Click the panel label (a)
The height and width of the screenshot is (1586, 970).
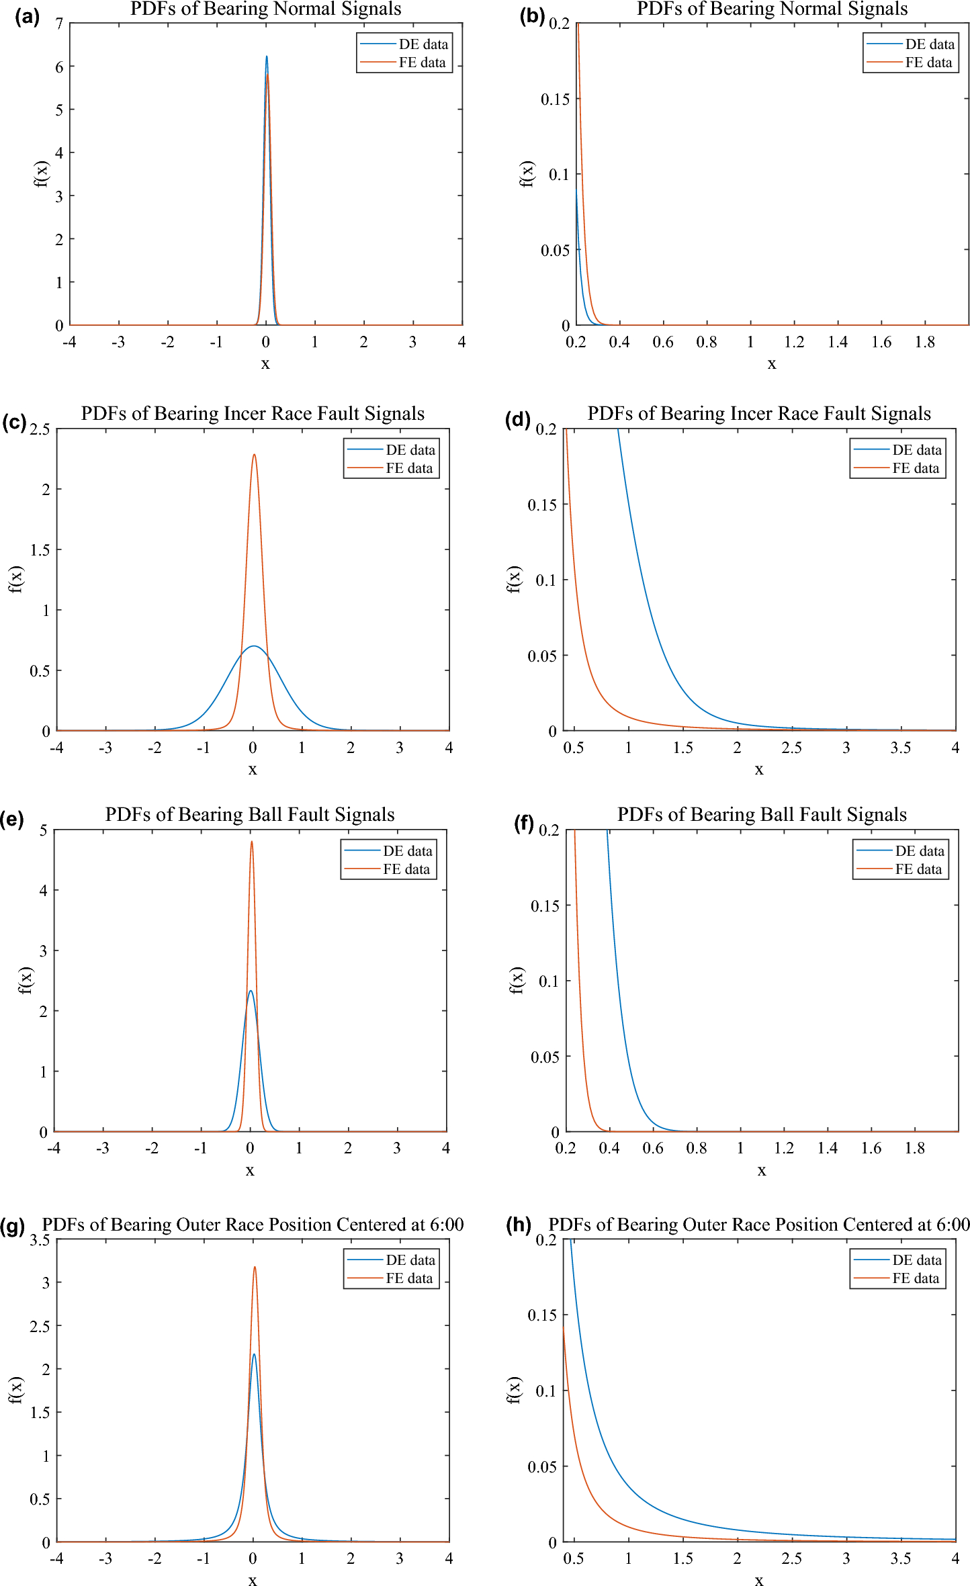pyautogui.click(x=27, y=16)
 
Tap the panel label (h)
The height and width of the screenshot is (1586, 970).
pyautogui.click(x=519, y=1224)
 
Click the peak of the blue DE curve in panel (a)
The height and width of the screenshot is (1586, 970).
pyautogui.click(x=267, y=57)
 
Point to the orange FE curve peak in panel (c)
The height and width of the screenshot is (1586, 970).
pyautogui.click(x=254, y=455)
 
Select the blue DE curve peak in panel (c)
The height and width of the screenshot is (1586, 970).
pyautogui.click(x=253, y=646)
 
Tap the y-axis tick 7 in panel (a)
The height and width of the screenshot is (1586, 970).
pyautogui.click(x=60, y=24)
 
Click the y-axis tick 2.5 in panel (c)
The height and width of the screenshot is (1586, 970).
pyautogui.click(x=40, y=429)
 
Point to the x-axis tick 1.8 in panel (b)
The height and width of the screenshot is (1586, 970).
pyautogui.click(x=925, y=342)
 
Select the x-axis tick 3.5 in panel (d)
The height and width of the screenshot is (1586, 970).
pyautogui.click(x=900, y=748)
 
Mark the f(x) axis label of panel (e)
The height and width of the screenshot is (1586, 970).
pyautogui.click(x=25, y=980)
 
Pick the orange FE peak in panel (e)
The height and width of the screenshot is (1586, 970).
pyautogui.click(x=252, y=842)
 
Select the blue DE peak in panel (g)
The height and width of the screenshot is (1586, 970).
pyautogui.click(x=254, y=1354)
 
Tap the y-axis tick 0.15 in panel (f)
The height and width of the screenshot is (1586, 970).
pyautogui.click(x=545, y=906)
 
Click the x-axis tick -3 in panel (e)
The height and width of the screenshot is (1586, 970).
pyautogui.click(x=102, y=1148)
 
